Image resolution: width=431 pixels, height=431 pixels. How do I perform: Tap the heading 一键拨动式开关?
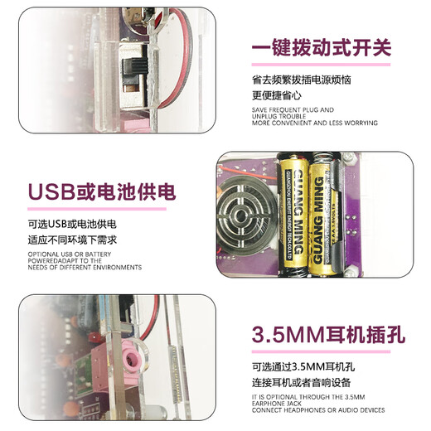click(322, 47)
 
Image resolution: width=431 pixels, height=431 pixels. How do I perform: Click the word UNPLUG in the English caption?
click(266, 116)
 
